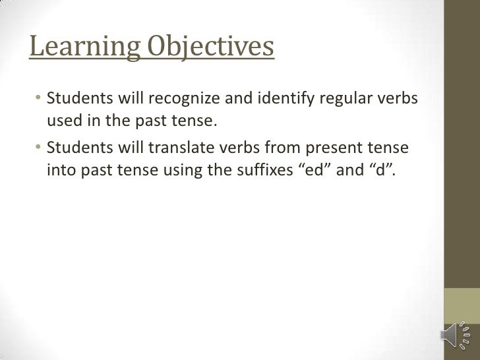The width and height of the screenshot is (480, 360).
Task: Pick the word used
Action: (63, 121)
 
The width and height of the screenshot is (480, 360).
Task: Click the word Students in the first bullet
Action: (74, 100)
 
